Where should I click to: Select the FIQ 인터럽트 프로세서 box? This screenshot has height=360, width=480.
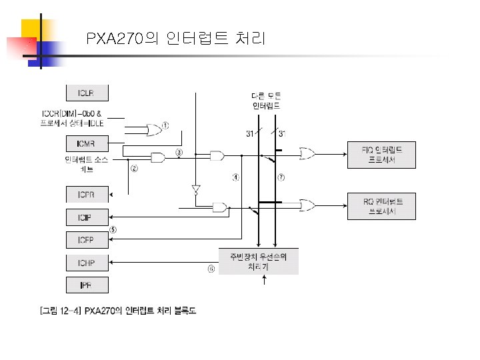(x=381, y=155)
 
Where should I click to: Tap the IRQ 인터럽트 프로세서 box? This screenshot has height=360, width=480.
(x=381, y=206)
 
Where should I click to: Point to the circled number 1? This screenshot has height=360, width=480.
(x=165, y=125)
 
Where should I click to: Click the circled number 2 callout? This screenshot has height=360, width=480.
(x=134, y=169)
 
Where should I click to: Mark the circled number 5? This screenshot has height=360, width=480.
(x=113, y=229)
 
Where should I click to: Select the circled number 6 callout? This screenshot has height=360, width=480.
(x=211, y=269)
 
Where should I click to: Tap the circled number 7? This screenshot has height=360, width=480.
(x=281, y=177)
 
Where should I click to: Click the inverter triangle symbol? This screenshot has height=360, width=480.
(x=195, y=189)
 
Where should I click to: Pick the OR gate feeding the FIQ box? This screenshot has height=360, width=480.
(x=308, y=155)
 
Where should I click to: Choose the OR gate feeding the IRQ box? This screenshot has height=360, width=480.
(x=308, y=205)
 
